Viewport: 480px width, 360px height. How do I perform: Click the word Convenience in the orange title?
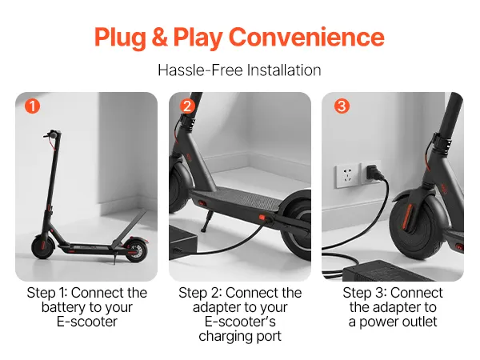coord(306,37)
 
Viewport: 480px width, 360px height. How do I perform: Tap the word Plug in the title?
coord(120,38)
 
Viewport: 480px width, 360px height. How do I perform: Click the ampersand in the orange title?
coord(159,37)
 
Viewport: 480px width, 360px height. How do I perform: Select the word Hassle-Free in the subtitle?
coord(200,70)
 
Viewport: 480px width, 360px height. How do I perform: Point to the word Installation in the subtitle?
coord(284,70)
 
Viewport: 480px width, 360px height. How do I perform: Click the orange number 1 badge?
coord(33,106)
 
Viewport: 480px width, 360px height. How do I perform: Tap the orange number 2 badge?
coord(187,106)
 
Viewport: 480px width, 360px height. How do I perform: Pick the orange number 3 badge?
coord(342,106)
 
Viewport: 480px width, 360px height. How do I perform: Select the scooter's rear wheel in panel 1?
coord(136,250)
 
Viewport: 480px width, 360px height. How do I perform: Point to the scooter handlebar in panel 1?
coord(51,134)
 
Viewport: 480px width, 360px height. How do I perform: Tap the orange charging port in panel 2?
coord(262,218)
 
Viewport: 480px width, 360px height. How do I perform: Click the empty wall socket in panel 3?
coord(347,176)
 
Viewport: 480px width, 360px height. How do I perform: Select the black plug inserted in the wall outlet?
coord(374,174)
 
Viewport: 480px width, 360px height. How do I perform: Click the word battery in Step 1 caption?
coord(64,307)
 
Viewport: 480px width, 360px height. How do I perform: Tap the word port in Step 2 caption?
coord(269,337)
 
